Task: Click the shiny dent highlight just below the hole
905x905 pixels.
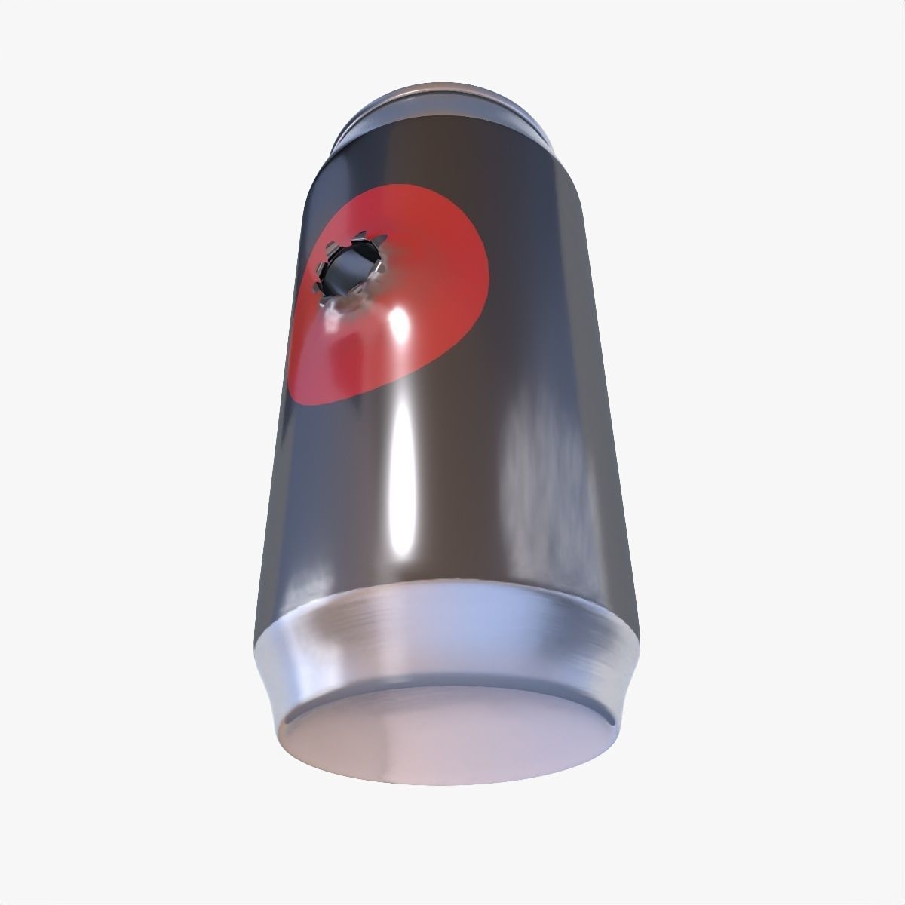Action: [x=332, y=321]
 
